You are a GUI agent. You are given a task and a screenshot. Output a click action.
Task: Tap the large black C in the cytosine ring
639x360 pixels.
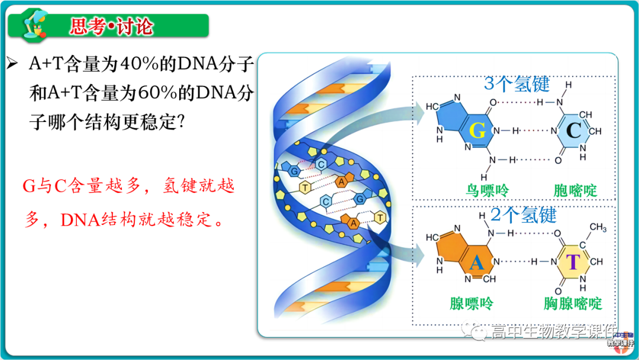pos(573,131)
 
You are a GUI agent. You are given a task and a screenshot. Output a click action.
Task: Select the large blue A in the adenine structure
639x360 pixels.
pos(477,261)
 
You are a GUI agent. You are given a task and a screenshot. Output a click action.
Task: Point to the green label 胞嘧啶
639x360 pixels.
pos(575,191)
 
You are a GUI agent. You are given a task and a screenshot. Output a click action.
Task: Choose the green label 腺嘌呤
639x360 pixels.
pos(471,304)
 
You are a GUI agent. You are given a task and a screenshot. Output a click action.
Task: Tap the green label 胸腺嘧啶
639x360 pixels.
pos(573,304)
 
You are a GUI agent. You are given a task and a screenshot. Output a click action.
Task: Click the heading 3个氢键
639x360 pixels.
pos(517,84)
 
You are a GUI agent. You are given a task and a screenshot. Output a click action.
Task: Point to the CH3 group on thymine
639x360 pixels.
pos(597,227)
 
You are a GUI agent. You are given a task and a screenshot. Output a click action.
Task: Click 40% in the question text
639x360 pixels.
pos(138,64)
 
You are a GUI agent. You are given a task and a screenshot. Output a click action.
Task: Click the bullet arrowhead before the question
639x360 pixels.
pos(12,63)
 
